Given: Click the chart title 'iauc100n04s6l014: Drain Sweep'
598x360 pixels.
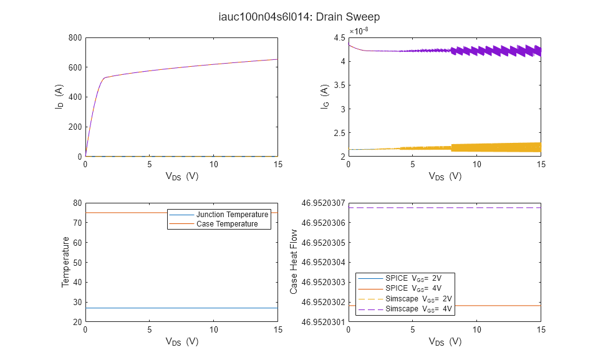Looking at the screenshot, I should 299,17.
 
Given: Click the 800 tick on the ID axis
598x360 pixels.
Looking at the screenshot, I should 75,37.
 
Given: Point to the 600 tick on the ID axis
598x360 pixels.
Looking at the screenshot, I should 75,67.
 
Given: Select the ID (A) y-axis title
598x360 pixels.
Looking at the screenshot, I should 60,97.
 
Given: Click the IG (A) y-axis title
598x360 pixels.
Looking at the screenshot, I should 324,97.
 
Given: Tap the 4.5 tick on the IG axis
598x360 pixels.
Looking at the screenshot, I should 339,37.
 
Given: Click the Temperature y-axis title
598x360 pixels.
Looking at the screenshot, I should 64,262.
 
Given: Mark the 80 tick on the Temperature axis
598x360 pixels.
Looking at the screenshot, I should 77,203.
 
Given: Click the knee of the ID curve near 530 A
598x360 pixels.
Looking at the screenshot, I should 105,78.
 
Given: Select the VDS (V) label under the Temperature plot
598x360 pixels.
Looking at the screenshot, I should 181,341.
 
